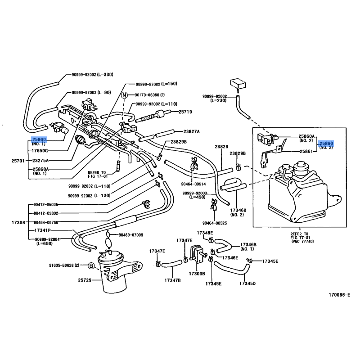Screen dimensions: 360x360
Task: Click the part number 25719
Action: click(x=185, y=112)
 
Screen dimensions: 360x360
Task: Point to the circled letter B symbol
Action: click(x=91, y=266)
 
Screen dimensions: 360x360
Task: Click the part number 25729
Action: click(x=84, y=280)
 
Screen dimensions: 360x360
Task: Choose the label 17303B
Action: click(x=197, y=273)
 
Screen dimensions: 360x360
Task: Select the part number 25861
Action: click(x=306, y=152)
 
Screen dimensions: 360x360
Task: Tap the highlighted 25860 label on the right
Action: click(x=326, y=143)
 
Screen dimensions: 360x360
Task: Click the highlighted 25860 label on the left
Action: click(x=39, y=139)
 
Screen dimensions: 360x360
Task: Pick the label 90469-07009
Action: click(x=131, y=235)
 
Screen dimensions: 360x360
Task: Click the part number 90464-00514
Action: click(x=193, y=184)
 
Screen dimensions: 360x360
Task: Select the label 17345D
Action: click(x=247, y=283)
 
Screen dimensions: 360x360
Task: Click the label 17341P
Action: click(x=43, y=230)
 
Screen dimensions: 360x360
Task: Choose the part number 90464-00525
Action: click(x=214, y=223)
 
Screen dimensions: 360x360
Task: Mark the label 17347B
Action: click(x=172, y=280)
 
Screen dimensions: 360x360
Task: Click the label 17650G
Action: click(x=40, y=151)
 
